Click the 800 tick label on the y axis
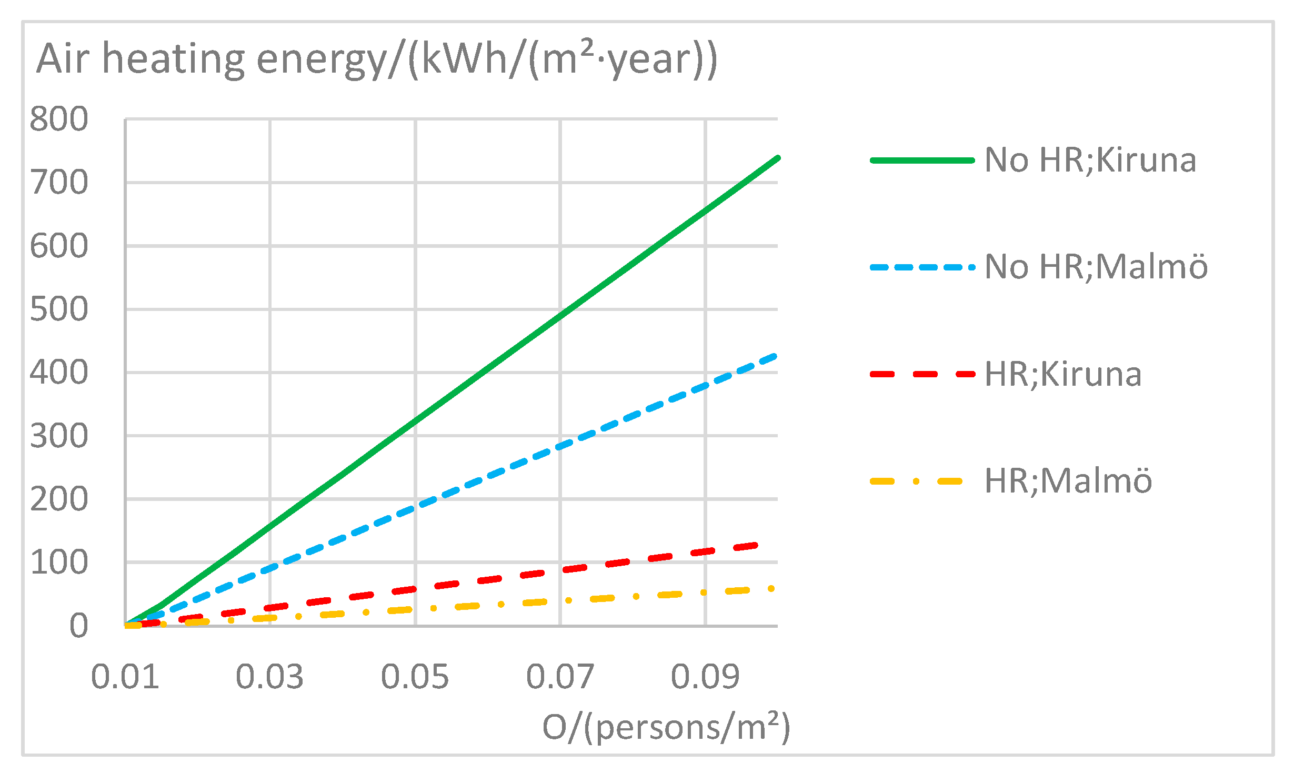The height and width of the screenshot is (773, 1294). click(x=59, y=119)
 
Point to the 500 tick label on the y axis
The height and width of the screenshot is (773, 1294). click(x=59, y=309)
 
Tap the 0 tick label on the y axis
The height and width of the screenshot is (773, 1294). click(x=79, y=626)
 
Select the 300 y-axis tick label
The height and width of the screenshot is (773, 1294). click(x=59, y=436)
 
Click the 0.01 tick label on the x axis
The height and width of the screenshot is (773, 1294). click(x=125, y=677)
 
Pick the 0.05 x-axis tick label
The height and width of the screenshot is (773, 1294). click(x=415, y=677)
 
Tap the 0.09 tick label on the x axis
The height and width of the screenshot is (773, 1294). click(x=705, y=677)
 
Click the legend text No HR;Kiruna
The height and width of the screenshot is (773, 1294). click(x=1090, y=160)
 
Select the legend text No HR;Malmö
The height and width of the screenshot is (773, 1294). click(x=1096, y=267)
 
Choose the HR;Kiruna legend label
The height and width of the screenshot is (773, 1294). click(x=1063, y=375)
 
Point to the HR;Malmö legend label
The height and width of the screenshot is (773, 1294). click(x=1068, y=481)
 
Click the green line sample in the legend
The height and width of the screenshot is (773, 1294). click(x=922, y=160)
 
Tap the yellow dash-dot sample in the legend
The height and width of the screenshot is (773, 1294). click(x=917, y=481)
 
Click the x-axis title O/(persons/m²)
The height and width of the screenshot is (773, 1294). click(x=666, y=728)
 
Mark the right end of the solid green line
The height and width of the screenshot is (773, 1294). click(x=778, y=158)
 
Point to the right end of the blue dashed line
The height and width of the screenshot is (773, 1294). click(x=776, y=356)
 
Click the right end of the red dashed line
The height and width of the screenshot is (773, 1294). click(x=756, y=545)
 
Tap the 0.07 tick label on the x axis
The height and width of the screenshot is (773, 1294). click(x=560, y=677)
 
